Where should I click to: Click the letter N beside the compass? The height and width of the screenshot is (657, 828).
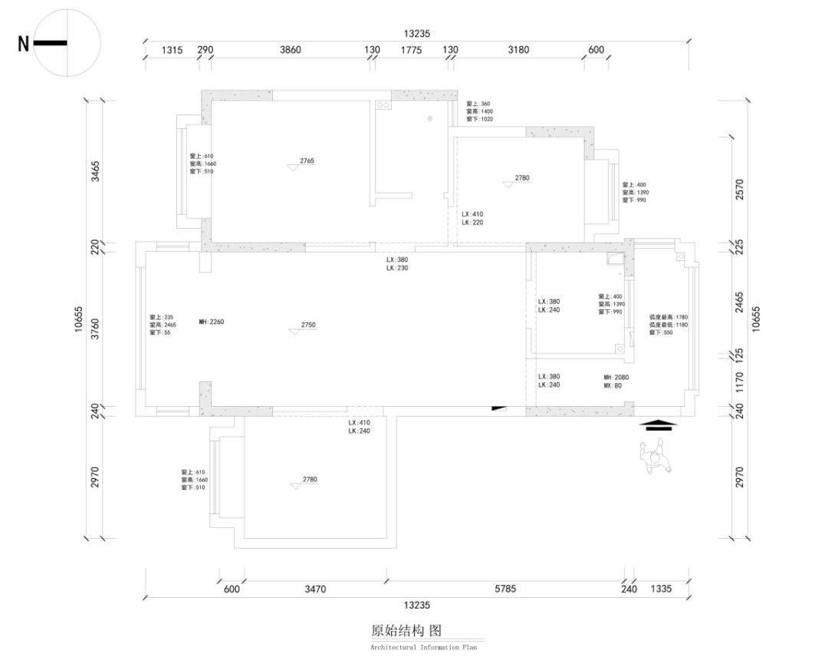click(23, 44)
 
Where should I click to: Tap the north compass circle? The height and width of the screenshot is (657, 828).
click(67, 43)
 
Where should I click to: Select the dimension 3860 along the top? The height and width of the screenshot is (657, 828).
click(290, 50)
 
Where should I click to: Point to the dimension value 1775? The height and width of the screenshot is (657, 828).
click(411, 50)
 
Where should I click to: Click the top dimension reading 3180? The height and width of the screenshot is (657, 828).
click(518, 50)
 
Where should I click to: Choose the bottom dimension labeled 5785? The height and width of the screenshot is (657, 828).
click(505, 589)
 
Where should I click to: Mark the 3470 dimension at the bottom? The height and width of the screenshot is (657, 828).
click(315, 589)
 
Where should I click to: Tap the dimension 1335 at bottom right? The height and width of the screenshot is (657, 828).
click(660, 589)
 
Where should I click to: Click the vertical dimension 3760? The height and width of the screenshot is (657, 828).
click(95, 328)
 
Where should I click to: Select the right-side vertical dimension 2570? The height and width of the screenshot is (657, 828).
click(739, 189)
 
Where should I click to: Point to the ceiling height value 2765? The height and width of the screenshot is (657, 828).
click(307, 161)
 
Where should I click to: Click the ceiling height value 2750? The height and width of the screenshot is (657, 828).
click(307, 325)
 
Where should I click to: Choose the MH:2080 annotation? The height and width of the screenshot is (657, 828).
click(616, 378)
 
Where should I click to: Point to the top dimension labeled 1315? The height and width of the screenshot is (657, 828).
click(172, 50)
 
